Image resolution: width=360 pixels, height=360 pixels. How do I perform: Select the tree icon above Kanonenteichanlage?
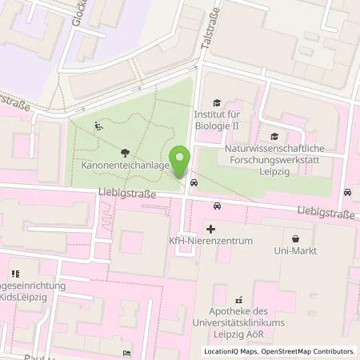coord(123,152)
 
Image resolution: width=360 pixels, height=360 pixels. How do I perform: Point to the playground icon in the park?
coord(98,125)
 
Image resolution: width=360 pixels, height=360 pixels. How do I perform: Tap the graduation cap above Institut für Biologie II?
coord(215,102)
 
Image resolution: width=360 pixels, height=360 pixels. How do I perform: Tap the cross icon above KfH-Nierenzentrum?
coord(210,229)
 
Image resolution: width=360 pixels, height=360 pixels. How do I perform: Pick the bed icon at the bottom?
coord(126,353)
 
